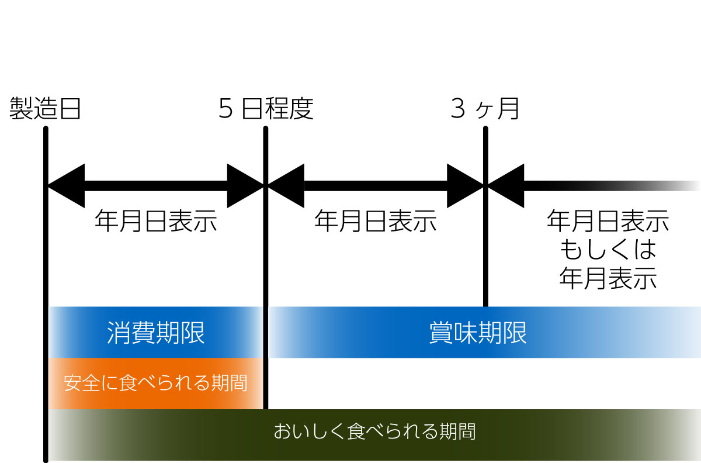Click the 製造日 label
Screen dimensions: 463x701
(x=44, y=109)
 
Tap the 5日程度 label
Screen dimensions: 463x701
(x=266, y=109)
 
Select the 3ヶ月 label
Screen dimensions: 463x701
(x=485, y=109)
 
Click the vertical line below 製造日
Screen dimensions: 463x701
(x=46, y=263)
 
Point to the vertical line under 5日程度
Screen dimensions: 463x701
(x=266, y=263)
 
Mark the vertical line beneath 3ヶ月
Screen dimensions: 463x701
(x=485, y=246)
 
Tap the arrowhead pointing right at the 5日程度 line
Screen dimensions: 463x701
(x=245, y=186)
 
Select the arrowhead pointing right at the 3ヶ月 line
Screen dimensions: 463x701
(x=465, y=186)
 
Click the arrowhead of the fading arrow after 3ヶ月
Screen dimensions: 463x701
(x=506, y=186)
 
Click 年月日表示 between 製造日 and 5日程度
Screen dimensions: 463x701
(x=155, y=222)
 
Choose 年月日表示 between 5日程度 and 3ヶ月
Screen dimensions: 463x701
(x=375, y=222)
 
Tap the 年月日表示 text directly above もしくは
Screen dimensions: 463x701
(x=608, y=222)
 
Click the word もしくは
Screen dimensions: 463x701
(x=608, y=250)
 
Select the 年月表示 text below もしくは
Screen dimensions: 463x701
(x=608, y=278)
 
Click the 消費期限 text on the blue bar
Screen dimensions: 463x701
(x=155, y=333)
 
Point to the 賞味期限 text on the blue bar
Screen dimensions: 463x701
(x=477, y=333)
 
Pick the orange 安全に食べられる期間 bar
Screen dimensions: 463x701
(x=155, y=383)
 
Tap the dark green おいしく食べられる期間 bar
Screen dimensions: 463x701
(x=374, y=433)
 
